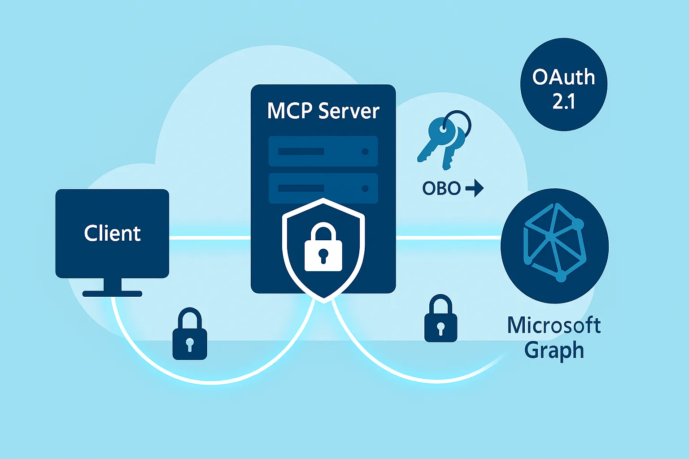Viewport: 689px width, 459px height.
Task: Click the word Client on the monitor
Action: [x=112, y=234]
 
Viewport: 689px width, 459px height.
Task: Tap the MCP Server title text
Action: [x=323, y=111]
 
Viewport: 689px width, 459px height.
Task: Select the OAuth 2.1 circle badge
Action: [x=563, y=84]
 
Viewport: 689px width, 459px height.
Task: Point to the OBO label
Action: [x=441, y=188]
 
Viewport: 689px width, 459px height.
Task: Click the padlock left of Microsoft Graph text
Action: [x=440, y=319]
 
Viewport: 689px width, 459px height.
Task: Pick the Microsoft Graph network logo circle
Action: [x=554, y=246]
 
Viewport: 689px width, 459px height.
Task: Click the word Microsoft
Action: [x=554, y=325]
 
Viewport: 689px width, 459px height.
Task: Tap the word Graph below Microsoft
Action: [x=554, y=350]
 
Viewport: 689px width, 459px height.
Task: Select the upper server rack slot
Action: [x=323, y=152]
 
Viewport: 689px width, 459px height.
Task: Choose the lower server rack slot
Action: [x=323, y=188]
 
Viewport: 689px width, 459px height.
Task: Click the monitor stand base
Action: [x=112, y=294]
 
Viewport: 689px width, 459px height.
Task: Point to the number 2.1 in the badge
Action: [x=563, y=102]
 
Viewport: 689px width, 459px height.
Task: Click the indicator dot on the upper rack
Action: [x=365, y=152]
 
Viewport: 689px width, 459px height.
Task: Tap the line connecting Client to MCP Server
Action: [x=209, y=238]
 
